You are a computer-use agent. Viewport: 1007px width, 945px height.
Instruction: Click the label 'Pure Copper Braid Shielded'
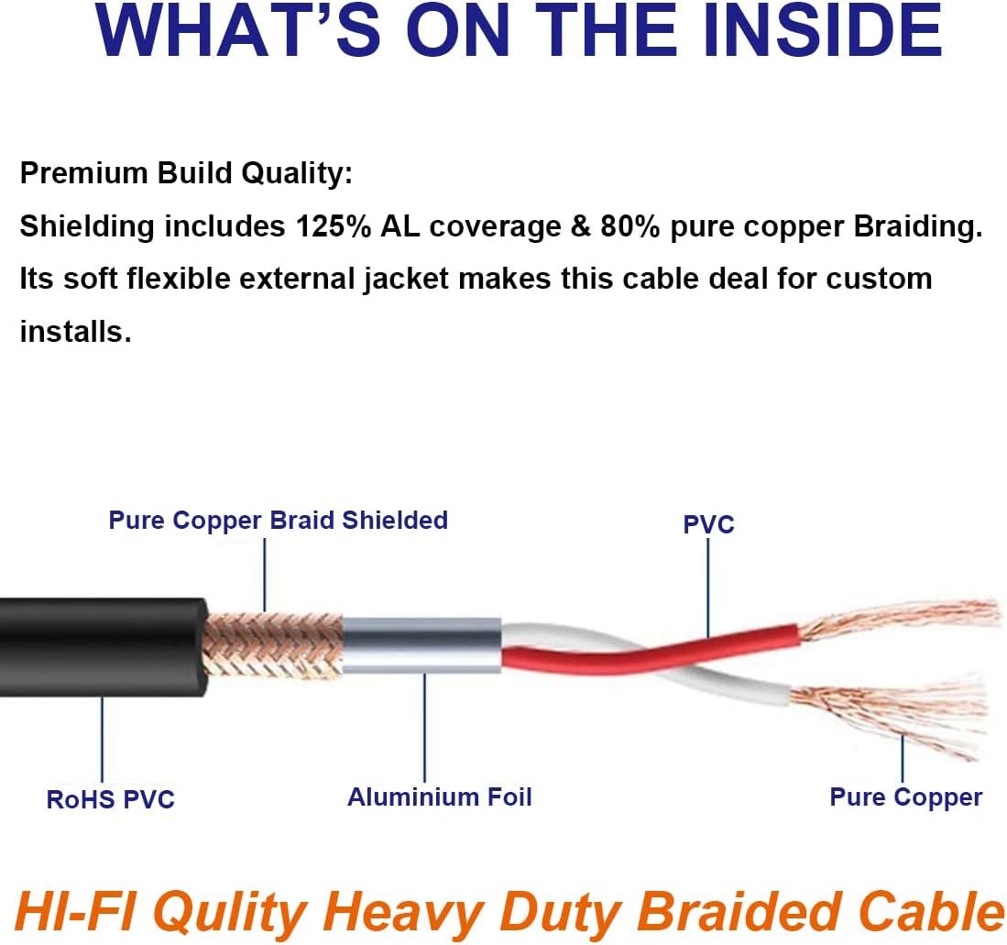[278, 521]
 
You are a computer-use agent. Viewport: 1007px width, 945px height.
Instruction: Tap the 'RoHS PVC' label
[111, 800]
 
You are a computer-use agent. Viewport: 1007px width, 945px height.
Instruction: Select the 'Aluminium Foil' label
[440, 797]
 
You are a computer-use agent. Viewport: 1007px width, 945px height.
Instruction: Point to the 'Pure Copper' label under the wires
[905, 797]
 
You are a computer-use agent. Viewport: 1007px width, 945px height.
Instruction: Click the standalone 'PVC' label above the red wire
[708, 525]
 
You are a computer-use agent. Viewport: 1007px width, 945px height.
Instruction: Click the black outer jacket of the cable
[103, 647]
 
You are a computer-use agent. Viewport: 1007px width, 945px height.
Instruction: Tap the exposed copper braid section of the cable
[273, 645]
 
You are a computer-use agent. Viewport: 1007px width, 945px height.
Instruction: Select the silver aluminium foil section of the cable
[421, 645]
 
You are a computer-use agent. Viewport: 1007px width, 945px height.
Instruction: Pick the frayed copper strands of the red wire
[899, 618]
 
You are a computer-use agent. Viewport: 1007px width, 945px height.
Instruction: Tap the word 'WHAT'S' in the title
[237, 31]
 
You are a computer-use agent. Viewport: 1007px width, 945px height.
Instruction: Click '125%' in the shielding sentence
[333, 226]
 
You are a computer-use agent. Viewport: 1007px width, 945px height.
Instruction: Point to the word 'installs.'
[76, 332]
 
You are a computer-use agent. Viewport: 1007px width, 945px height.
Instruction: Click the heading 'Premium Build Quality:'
[186, 174]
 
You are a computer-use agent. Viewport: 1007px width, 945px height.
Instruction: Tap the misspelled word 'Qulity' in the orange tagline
[229, 913]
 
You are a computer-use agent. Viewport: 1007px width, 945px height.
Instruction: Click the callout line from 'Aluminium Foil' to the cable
[424, 727]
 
